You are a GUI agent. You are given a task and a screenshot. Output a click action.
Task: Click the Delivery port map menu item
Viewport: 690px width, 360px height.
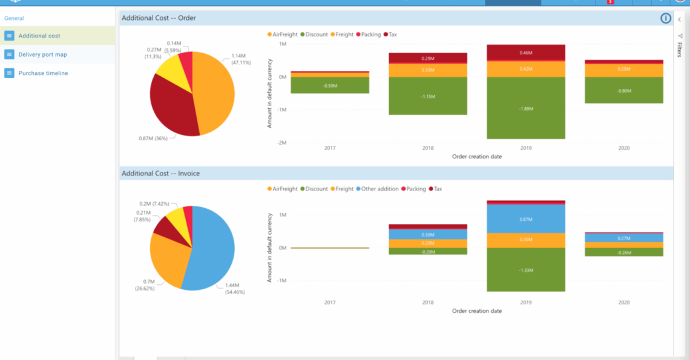pos(42,54)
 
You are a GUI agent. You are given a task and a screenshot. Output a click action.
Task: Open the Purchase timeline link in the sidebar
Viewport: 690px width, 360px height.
pos(43,73)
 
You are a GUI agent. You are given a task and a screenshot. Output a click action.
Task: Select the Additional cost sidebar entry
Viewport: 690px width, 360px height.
pos(39,36)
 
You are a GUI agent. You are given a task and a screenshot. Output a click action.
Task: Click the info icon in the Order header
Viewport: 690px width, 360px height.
pos(666,18)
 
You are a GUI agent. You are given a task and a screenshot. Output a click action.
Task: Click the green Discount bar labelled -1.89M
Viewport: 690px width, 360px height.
pos(526,108)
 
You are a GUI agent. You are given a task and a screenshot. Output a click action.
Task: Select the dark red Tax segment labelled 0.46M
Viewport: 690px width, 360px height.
pos(526,53)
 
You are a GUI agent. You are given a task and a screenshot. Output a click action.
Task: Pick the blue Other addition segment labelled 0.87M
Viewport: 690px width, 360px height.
pos(526,218)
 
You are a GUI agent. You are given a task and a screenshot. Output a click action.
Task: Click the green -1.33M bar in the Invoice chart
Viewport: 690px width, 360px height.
pos(526,270)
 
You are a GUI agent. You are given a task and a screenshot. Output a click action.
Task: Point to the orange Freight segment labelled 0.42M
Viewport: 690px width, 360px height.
pos(526,69)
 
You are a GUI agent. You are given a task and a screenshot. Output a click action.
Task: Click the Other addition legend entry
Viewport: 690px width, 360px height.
pos(379,189)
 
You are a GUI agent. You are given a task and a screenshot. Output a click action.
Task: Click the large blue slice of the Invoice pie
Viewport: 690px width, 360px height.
pos(212,248)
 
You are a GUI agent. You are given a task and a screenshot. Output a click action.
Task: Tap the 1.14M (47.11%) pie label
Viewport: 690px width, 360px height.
pos(241,59)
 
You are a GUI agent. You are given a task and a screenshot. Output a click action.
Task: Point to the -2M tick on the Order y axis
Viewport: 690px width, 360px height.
pos(281,143)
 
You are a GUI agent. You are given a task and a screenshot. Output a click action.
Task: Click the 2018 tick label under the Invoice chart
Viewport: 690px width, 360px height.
pos(428,303)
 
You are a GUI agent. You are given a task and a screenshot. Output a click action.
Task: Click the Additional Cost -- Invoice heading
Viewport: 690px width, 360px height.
pos(160,174)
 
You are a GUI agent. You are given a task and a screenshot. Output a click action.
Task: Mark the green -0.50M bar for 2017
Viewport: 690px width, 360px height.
pos(330,85)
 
